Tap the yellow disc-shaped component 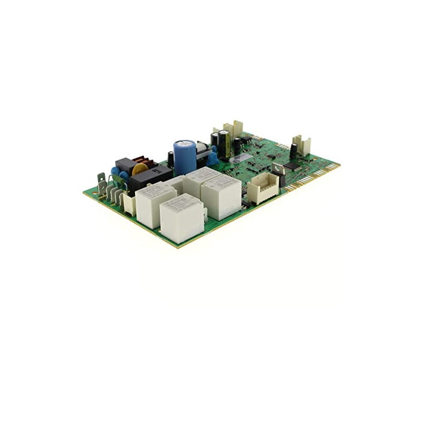pyautogui.click(x=140, y=169)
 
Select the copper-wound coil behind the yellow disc pyautogui.click(x=144, y=160)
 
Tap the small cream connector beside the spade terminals pyautogui.click(x=129, y=204)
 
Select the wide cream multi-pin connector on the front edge pyautogui.click(x=263, y=188)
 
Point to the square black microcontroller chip pyautogui.click(x=291, y=165)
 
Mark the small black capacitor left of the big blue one pyautogui.click(x=171, y=159)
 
